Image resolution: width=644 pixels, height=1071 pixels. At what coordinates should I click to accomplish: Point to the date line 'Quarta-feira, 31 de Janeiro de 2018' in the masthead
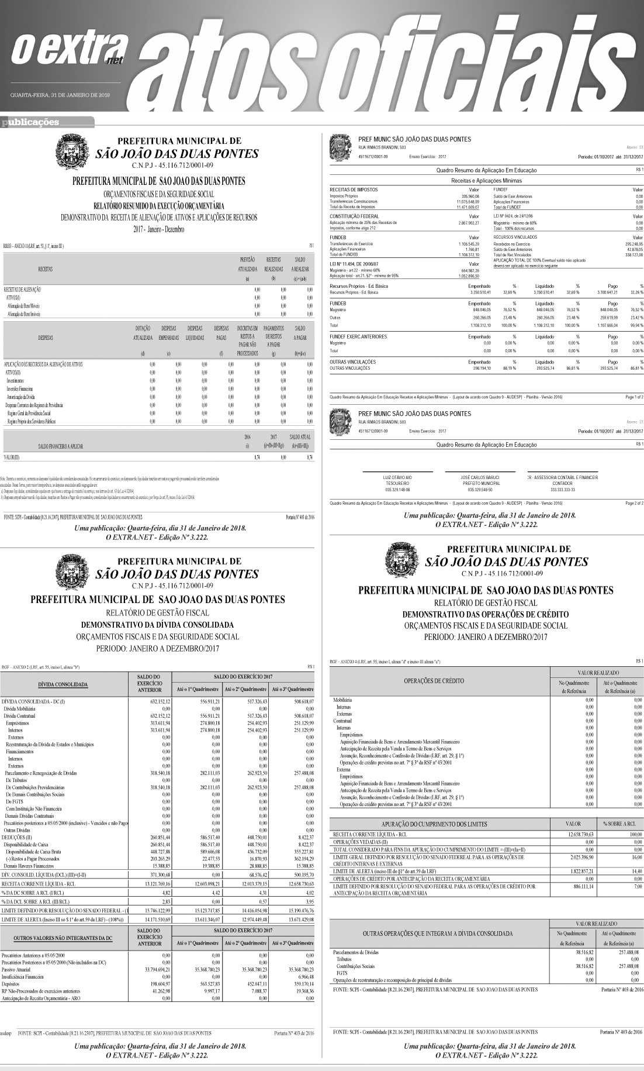click(x=60, y=95)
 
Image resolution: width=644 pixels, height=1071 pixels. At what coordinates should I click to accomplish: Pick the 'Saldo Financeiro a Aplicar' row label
click(x=60, y=446)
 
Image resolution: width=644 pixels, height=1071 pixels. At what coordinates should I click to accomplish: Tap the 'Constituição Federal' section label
click(x=355, y=216)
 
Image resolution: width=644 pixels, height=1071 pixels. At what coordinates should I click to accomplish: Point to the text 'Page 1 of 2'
click(x=634, y=397)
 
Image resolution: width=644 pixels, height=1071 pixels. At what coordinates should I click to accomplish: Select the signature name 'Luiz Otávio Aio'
click(x=397, y=477)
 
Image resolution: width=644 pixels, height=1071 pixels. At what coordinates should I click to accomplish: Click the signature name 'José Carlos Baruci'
click(x=480, y=477)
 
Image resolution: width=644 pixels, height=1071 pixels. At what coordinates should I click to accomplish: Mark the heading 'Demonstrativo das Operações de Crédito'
click(x=486, y=614)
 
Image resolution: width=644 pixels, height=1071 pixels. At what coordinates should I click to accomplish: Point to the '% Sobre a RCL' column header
click(x=619, y=824)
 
